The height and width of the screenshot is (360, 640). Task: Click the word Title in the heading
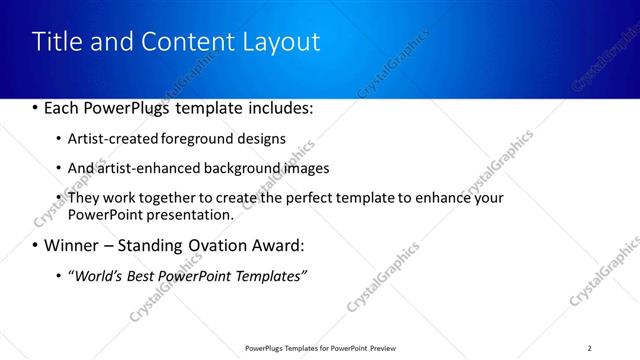pyautogui.click(x=57, y=42)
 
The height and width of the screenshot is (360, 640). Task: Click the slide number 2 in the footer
pyautogui.click(x=589, y=347)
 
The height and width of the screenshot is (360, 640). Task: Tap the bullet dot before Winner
pyautogui.click(x=35, y=245)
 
